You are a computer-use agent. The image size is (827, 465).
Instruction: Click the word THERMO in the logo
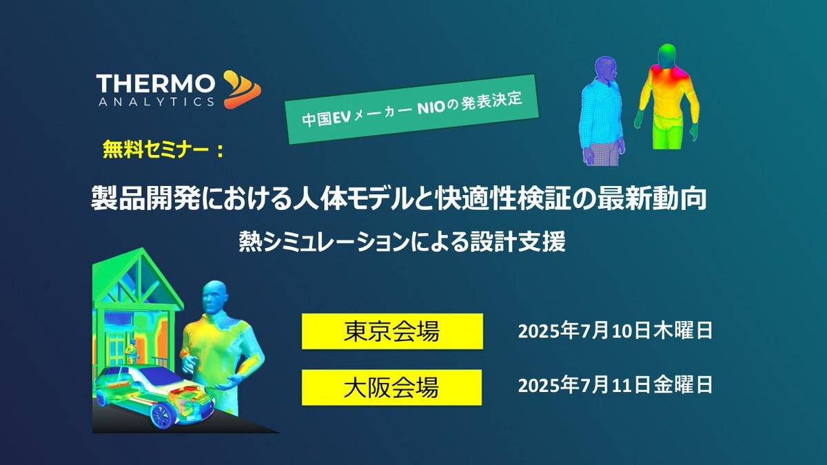pyautogui.click(x=156, y=84)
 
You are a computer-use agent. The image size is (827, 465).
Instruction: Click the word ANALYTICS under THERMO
pyautogui.click(x=156, y=102)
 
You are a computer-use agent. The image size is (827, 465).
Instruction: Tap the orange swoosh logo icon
pyautogui.click(x=242, y=90)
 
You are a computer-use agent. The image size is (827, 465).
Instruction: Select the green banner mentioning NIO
pyautogui.click(x=411, y=109)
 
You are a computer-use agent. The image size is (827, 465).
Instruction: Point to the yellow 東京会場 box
pyautogui.click(x=392, y=331)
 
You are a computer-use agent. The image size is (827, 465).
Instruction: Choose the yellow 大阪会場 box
pyautogui.click(x=391, y=387)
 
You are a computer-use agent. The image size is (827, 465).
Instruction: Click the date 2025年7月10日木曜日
pyautogui.click(x=615, y=331)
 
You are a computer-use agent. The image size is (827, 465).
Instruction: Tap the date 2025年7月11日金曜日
pyautogui.click(x=615, y=385)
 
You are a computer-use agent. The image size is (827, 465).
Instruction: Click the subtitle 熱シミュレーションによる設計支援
pyautogui.click(x=402, y=242)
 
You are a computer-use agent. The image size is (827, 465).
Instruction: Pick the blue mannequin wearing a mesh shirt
pyautogui.click(x=602, y=111)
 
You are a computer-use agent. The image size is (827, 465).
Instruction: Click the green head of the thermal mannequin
pyautogui.click(x=667, y=55)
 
